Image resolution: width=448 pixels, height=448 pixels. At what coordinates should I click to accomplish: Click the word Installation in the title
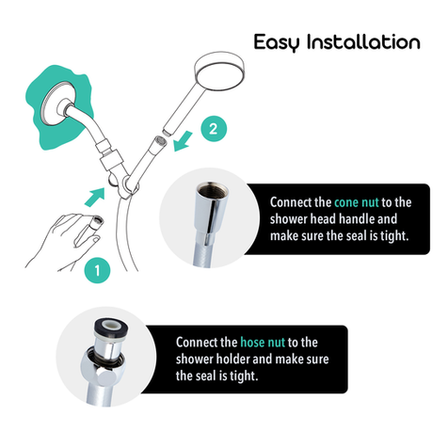pyautogui.click(x=363, y=41)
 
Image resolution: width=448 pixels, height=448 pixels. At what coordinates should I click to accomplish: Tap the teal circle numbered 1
pyautogui.click(x=97, y=270)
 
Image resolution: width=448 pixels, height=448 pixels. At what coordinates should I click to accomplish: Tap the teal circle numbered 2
pyautogui.click(x=214, y=129)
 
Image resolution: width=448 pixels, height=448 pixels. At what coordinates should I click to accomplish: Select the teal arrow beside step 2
pyautogui.click(x=184, y=141)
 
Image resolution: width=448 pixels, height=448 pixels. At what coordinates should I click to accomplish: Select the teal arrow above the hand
pyautogui.click(x=95, y=197)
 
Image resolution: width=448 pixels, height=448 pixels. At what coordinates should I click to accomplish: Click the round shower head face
pyautogui.click(x=219, y=72)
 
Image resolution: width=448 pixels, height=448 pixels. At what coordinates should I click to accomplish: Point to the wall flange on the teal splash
pyautogui.click(x=58, y=104)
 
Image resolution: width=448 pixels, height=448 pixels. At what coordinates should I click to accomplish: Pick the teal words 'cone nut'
pyautogui.click(x=357, y=202)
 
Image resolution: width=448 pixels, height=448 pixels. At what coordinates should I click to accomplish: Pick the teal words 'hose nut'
pyautogui.click(x=263, y=343)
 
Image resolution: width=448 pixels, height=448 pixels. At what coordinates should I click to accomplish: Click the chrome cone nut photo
pyautogui.click(x=209, y=218)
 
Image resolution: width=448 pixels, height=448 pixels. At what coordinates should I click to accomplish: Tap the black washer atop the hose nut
pyautogui.click(x=111, y=327)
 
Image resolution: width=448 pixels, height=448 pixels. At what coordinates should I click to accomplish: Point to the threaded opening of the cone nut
pyautogui.click(x=212, y=190)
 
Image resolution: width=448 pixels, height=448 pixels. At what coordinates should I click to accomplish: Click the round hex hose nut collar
pyautogui.click(x=103, y=366)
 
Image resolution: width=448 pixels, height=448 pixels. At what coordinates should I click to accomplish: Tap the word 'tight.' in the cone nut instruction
pyautogui.click(x=394, y=236)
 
